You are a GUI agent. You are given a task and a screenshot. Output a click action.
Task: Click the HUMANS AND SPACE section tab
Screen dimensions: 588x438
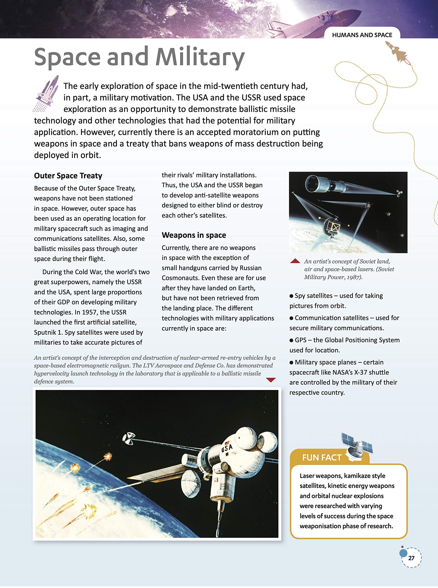(362, 35)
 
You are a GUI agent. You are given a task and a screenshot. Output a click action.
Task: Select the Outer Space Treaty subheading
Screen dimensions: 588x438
(68, 175)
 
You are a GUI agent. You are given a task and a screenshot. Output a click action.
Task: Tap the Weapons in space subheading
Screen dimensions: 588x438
(194, 235)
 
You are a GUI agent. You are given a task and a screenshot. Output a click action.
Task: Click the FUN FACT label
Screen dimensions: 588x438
(321, 458)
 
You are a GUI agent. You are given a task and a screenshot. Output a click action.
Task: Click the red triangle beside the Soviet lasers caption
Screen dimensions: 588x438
(295, 261)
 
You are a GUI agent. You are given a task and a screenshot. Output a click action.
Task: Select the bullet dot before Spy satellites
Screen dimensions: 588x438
(291, 296)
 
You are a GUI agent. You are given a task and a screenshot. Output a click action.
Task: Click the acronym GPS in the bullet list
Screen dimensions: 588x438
(301, 340)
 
